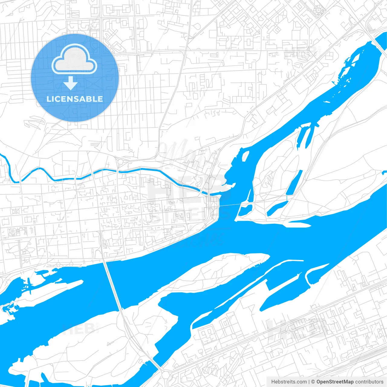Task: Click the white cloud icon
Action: coord(74,59)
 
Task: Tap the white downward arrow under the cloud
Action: coord(70,83)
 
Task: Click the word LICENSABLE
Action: coord(75,99)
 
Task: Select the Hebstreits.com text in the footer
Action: coord(289,382)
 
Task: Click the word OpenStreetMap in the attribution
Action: coord(335,382)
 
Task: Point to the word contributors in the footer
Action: coord(369,382)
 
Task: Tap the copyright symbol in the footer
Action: coord(313,382)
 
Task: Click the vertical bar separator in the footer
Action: coord(309,382)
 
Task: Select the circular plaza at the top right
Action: coord(318,11)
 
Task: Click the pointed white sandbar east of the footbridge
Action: coord(298,224)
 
